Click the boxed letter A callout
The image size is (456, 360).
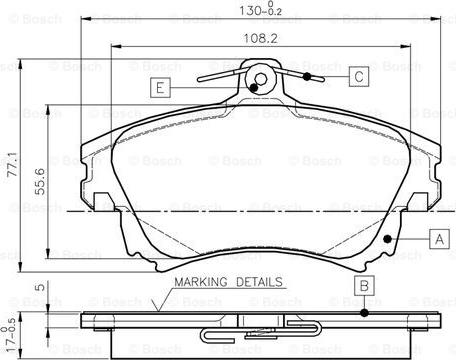(x=436, y=239)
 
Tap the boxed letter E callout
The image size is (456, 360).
(x=159, y=88)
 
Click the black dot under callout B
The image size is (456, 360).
(x=365, y=311)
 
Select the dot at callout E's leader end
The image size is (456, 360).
(x=253, y=87)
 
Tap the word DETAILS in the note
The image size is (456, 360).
(x=258, y=283)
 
